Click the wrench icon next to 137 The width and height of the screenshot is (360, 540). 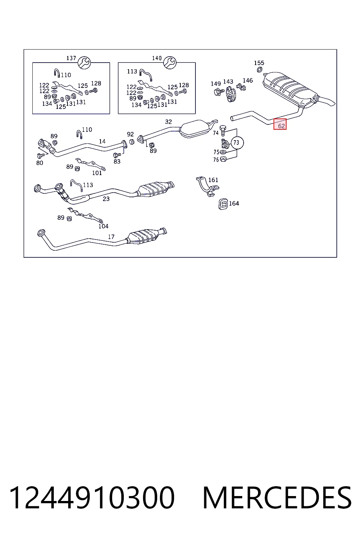click(x=84, y=63)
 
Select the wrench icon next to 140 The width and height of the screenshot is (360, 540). click(x=170, y=63)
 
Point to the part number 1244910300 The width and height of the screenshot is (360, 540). click(x=92, y=498)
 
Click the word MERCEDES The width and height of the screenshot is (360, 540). click(x=277, y=498)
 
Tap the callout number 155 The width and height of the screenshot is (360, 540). click(x=259, y=63)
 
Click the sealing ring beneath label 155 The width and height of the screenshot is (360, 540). click(x=260, y=70)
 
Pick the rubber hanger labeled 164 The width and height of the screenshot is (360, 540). click(x=223, y=204)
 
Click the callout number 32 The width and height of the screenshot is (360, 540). click(x=168, y=122)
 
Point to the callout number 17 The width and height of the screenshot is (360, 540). click(x=111, y=237)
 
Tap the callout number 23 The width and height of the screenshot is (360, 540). click(x=106, y=199)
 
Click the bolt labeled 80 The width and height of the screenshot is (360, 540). click(x=41, y=155)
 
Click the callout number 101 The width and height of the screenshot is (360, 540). click(x=97, y=173)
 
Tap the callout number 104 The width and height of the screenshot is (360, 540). click(x=103, y=226)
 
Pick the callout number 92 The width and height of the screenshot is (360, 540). click(x=130, y=134)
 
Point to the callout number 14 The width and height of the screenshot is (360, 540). click(x=102, y=141)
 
